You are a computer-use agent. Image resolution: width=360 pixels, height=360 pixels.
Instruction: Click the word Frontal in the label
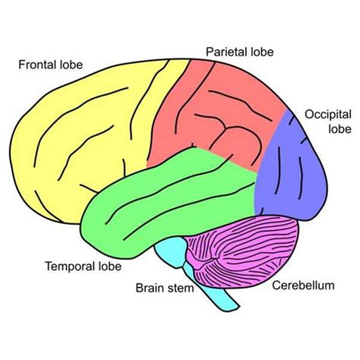(36, 65)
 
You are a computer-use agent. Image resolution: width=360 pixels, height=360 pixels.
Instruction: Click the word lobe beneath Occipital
(318, 129)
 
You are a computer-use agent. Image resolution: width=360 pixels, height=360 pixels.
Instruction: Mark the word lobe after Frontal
(71, 65)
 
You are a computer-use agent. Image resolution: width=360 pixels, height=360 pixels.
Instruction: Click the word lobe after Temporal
(108, 267)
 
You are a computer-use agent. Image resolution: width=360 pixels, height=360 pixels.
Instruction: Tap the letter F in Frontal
(22, 65)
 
